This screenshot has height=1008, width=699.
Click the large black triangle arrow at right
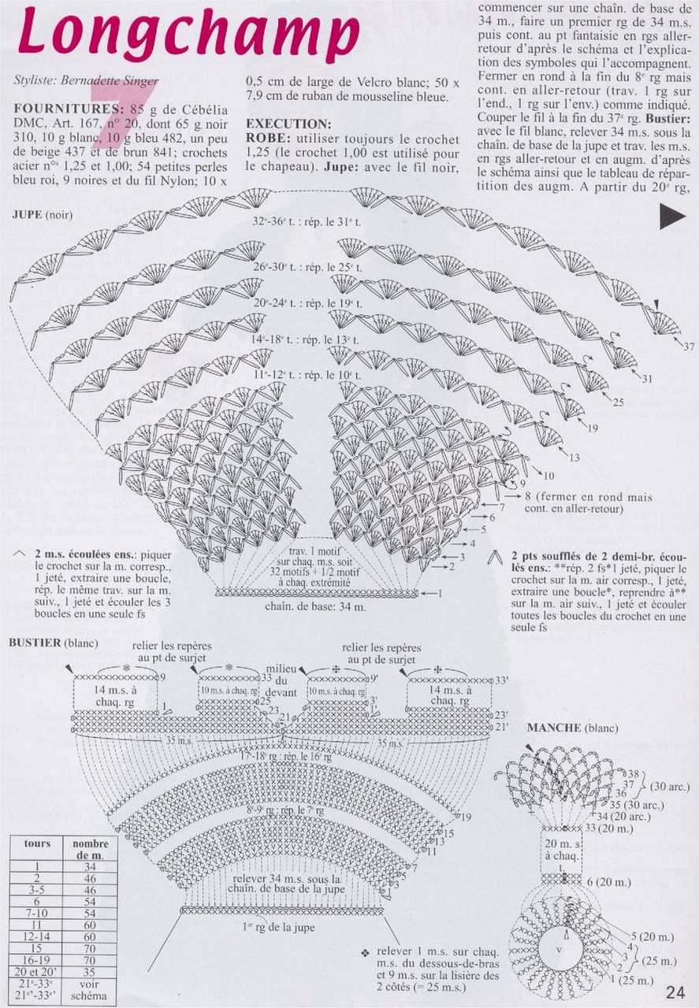tap(672, 217)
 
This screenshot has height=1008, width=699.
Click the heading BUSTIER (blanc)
tap(54, 643)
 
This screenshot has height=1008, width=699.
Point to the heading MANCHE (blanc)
tap(572, 728)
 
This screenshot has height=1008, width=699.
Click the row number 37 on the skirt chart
tap(689, 346)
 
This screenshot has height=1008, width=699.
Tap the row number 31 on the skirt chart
tap(648, 380)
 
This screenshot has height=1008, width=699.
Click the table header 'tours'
tap(37, 843)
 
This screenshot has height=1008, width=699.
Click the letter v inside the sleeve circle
tap(558, 948)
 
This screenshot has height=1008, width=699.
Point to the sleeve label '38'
tap(633, 773)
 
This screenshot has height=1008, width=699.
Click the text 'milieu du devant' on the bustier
tap(281, 679)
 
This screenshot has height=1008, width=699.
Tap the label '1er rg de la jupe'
tap(279, 926)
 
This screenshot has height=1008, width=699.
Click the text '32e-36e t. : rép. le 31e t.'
tap(307, 223)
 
